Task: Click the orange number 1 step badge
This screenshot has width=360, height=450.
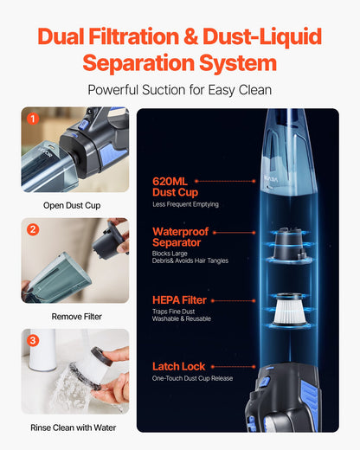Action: pyautogui.click(x=33, y=119)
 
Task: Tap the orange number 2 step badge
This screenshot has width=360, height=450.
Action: pyautogui.click(x=33, y=229)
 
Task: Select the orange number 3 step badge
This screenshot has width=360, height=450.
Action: pyautogui.click(x=33, y=340)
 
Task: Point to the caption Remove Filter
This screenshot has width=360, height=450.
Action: pyautogui.click(x=75, y=317)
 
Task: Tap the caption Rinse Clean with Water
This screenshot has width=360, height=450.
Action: pyautogui.click(x=75, y=427)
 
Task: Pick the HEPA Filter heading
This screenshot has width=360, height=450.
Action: pyautogui.click(x=179, y=299)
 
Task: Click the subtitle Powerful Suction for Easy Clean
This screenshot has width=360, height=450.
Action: pyautogui.click(x=180, y=90)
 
